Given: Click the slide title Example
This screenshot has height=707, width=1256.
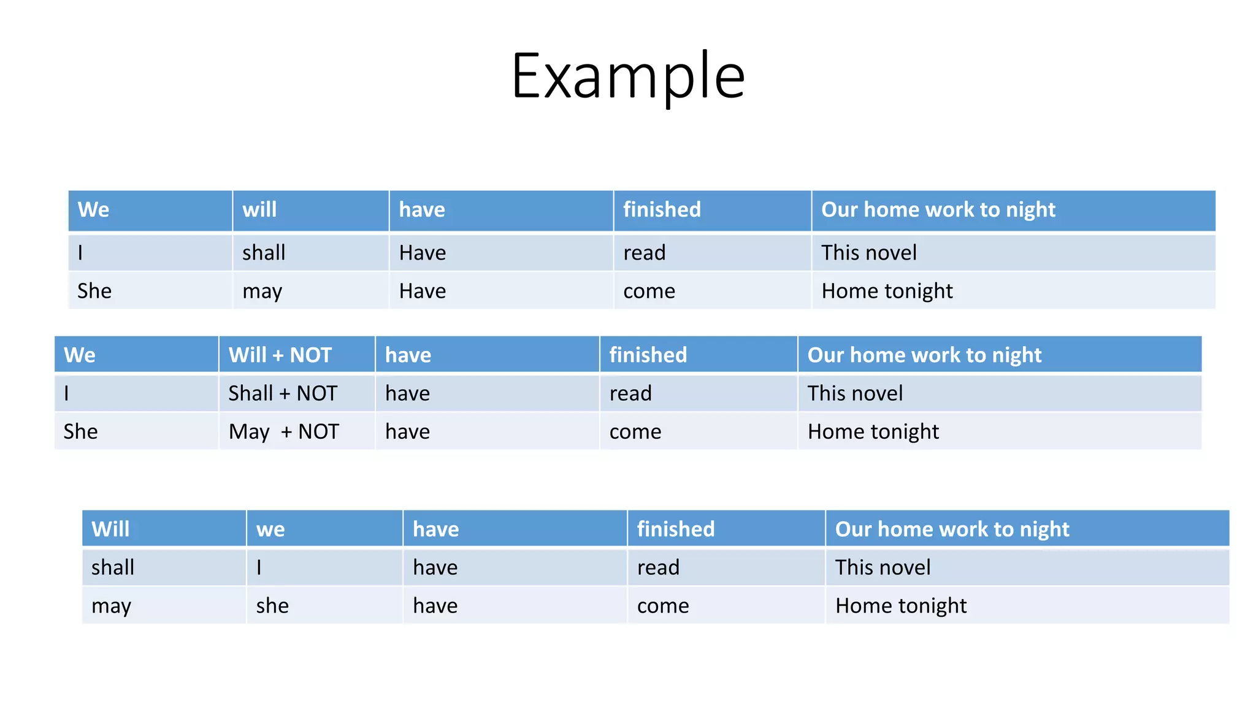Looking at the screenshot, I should click(628, 76).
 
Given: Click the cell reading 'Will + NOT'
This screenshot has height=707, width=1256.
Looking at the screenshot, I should click(280, 355).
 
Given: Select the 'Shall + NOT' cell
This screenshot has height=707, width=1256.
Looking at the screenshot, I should click(283, 393).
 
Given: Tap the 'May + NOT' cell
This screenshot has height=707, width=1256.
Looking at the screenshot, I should click(283, 431).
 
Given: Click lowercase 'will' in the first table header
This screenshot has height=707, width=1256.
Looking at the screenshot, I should click(259, 210).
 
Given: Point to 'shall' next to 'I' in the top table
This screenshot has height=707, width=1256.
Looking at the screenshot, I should click(264, 253).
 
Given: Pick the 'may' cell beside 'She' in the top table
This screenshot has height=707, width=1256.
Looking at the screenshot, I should click(262, 291).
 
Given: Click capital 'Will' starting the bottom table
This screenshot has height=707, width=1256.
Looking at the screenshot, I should click(110, 529).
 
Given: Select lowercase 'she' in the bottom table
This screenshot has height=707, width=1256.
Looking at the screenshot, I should click(272, 606).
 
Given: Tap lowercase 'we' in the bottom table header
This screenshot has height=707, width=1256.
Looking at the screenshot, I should click(270, 529).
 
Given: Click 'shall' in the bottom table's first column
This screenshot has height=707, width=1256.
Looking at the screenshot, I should click(113, 567).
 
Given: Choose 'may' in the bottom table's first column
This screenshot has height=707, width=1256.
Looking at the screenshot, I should click(111, 606).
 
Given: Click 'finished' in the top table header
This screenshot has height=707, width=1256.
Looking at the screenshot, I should click(662, 210).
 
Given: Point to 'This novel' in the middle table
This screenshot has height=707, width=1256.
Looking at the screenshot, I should click(855, 393).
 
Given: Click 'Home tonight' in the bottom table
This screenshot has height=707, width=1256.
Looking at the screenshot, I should click(900, 606).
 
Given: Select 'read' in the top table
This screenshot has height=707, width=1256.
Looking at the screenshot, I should click(644, 253).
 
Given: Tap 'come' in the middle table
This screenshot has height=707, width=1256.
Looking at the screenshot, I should click(635, 431).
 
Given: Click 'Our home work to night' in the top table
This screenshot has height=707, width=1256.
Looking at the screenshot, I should click(938, 210).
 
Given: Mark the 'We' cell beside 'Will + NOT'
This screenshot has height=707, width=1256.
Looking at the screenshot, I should click(80, 355).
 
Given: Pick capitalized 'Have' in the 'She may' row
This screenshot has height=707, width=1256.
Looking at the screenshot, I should click(423, 291).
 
